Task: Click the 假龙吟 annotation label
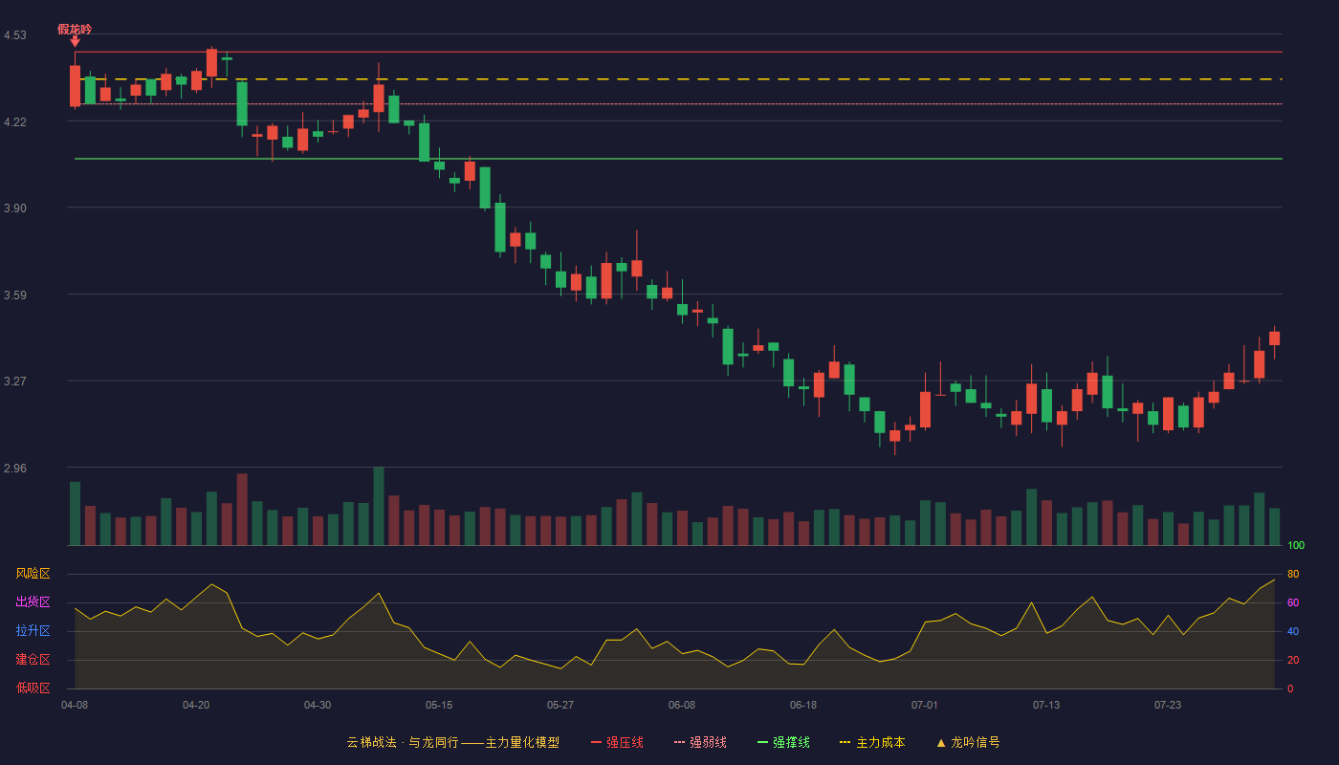[x=75, y=30]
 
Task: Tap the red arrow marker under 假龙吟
[x=75, y=41]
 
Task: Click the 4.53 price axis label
[x=15, y=35]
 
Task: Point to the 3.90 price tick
[x=15, y=208]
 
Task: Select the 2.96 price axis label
[x=15, y=468]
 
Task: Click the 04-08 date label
[x=75, y=706]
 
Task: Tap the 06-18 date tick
[x=802, y=706]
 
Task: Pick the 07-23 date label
[x=1168, y=706]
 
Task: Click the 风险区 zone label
[x=33, y=574]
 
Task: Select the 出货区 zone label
[x=33, y=601]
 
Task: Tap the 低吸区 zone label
[x=33, y=688]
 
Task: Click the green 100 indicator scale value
[x=1296, y=545]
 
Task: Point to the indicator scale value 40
[x=1293, y=631]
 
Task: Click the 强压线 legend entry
[x=617, y=742]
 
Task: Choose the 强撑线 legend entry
[x=783, y=742]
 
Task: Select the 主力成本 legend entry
[x=872, y=742]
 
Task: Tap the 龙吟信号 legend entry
[x=968, y=742]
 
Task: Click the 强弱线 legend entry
[x=700, y=742]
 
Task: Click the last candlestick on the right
[x=1274, y=339]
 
